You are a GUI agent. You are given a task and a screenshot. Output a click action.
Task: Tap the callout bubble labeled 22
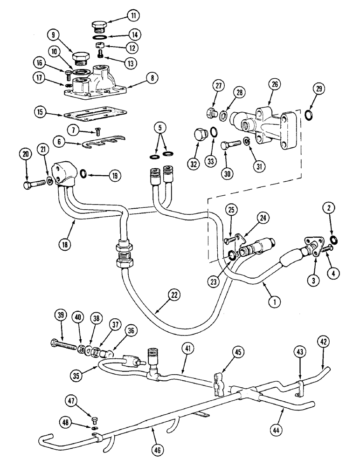coord(174,294)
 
